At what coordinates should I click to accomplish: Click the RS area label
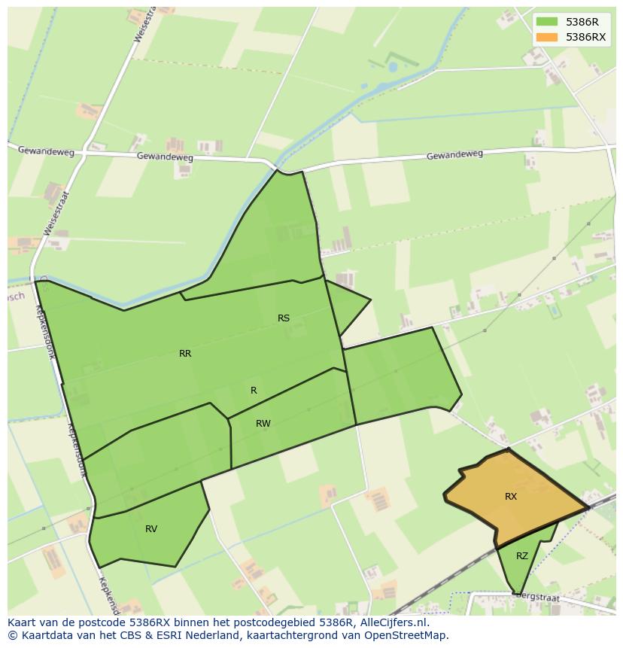click(x=284, y=318)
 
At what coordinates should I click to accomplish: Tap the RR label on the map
click(x=185, y=354)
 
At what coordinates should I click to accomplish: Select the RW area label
click(x=263, y=424)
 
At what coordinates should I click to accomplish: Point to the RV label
click(x=151, y=529)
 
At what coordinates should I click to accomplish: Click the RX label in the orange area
click(x=511, y=497)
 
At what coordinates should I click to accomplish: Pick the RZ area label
click(x=522, y=556)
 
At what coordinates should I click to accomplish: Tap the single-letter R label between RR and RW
click(x=254, y=391)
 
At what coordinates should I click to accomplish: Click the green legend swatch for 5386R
click(x=547, y=22)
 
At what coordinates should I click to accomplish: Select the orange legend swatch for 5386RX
click(x=547, y=37)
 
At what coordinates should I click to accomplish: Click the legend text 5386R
click(x=582, y=22)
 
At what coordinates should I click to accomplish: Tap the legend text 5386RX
click(x=585, y=37)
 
